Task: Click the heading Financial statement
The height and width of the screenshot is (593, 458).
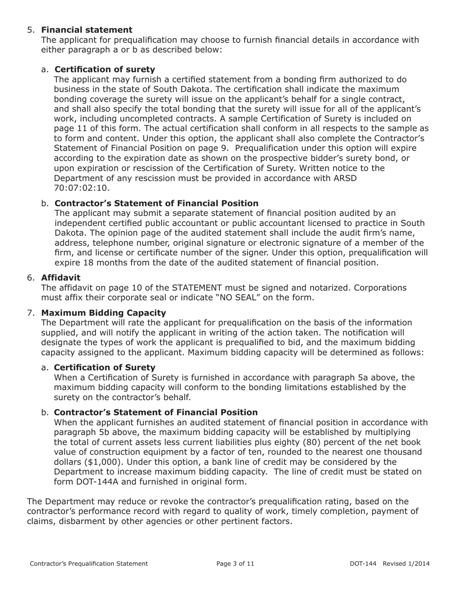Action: coord(87,30)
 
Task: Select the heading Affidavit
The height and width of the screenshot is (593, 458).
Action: coord(61,278)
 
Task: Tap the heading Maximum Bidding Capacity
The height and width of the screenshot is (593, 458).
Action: coord(104,313)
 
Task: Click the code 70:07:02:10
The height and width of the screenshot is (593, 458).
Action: coord(82,188)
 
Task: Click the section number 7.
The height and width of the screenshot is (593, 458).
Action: coord(31,313)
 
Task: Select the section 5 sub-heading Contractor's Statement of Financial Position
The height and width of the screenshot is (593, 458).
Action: coord(157,203)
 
